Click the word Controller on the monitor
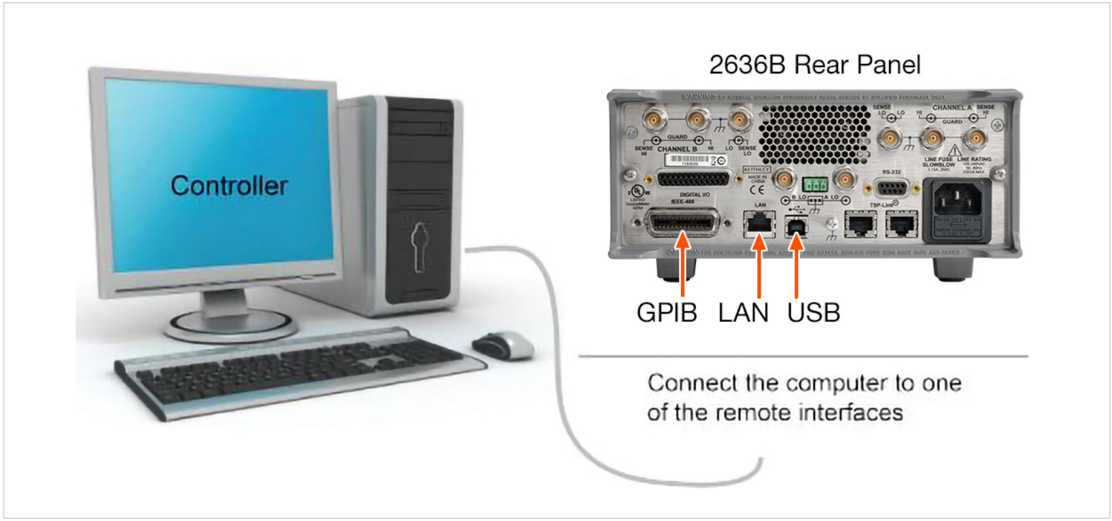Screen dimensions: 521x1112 point(229,186)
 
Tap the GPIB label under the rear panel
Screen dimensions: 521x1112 point(666,313)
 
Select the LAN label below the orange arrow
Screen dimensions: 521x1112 point(743,313)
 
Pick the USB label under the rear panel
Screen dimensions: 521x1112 point(814,313)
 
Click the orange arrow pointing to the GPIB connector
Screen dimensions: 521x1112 point(683,265)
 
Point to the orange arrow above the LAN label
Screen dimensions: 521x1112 point(759,265)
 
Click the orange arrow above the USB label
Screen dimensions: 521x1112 point(796,265)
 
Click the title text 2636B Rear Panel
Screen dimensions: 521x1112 point(814,65)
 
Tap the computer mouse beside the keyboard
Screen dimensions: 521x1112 point(504,345)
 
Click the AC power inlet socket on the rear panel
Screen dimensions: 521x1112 point(957,201)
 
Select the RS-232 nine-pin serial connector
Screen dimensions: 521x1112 point(890,188)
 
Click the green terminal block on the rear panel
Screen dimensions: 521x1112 point(814,184)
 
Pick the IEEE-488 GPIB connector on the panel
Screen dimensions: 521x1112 point(682,222)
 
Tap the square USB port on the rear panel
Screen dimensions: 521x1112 point(796,225)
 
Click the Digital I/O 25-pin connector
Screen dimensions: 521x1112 point(693,180)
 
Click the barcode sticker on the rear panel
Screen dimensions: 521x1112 point(689,160)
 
